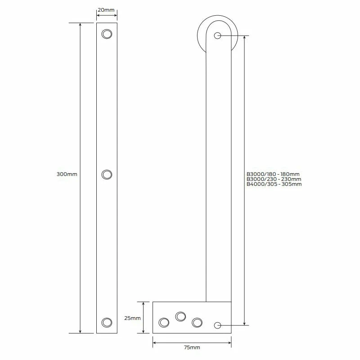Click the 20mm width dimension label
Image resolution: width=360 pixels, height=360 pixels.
(x=107, y=9)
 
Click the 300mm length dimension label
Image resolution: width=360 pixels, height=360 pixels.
(x=67, y=174)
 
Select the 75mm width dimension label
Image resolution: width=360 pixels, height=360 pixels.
(x=192, y=347)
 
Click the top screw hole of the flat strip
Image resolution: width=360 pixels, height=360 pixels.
(x=107, y=34)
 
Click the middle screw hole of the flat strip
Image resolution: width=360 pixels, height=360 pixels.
(x=107, y=175)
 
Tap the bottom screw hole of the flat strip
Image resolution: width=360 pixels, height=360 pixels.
(x=107, y=322)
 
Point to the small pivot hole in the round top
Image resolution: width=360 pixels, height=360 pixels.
(x=218, y=36)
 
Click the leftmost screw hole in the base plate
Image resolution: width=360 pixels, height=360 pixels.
(x=164, y=322)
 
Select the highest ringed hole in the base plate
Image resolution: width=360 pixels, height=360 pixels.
(x=181, y=316)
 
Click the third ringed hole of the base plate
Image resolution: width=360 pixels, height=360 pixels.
(x=197, y=322)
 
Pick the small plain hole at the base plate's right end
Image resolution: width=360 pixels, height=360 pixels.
(x=218, y=325)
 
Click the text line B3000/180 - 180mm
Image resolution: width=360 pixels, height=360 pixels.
(x=273, y=174)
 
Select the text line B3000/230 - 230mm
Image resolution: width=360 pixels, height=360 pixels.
(x=273, y=179)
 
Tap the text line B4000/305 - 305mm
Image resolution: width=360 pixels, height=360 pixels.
(x=274, y=184)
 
